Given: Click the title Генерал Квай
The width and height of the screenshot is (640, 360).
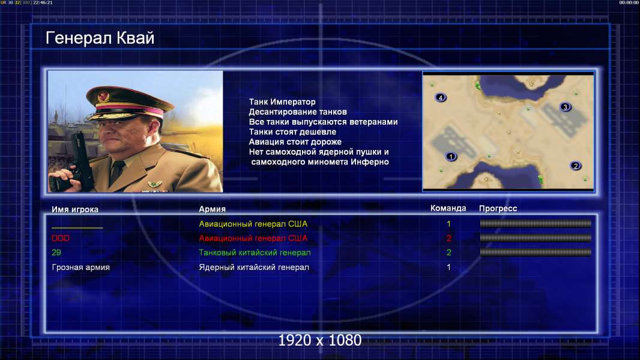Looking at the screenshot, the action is click(x=100, y=38).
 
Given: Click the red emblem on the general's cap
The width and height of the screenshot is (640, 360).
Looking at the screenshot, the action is click(x=104, y=96).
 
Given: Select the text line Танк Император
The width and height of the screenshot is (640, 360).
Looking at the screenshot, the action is click(x=282, y=102).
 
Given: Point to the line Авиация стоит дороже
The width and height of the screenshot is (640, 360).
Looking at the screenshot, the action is click(x=295, y=142).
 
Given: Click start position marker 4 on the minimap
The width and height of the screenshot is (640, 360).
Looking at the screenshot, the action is click(x=441, y=97).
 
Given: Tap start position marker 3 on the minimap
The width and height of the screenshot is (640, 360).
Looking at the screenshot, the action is click(x=566, y=107).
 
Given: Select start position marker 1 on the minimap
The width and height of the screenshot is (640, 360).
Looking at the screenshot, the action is click(x=451, y=156).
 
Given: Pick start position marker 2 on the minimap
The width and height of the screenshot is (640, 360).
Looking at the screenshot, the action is click(x=576, y=166).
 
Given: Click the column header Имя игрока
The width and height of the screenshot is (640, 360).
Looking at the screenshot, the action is click(x=74, y=209).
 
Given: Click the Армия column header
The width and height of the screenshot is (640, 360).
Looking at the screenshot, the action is click(x=213, y=209).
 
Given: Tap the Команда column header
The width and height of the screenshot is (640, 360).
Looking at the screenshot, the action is click(x=448, y=208).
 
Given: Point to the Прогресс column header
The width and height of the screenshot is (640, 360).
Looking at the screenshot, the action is click(x=498, y=209).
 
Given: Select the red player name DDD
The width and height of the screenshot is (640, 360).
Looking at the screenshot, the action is click(x=61, y=238).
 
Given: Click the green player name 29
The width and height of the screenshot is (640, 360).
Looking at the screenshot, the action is click(x=56, y=253).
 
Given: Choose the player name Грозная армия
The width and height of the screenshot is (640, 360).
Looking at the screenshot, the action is click(x=81, y=268).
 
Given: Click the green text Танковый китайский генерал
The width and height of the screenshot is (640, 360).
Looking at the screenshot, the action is click(x=255, y=253).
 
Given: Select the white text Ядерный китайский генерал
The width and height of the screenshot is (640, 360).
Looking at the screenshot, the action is click(x=254, y=268).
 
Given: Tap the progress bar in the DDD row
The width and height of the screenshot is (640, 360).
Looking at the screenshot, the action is click(x=536, y=238).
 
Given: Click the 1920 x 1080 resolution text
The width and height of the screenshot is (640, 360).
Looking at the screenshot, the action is click(x=319, y=340).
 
